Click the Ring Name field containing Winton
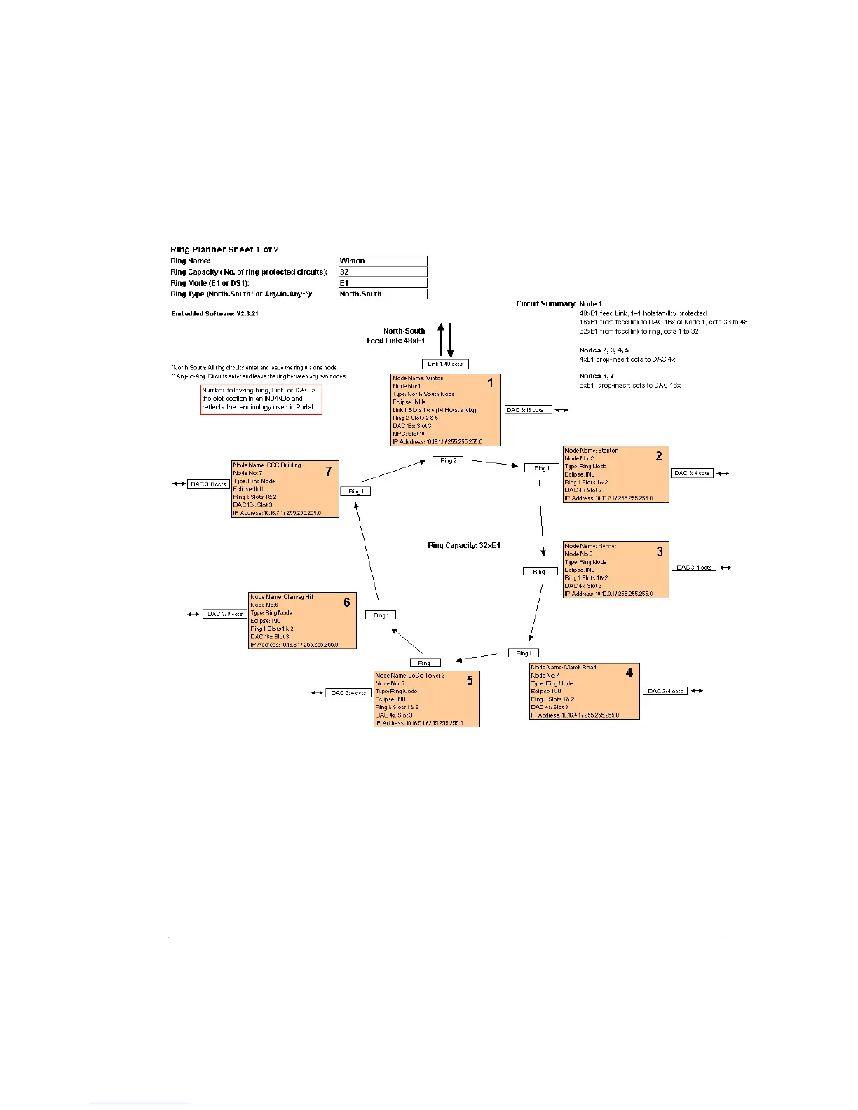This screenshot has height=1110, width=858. (x=383, y=261)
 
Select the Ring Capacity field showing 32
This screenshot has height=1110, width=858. (x=383, y=272)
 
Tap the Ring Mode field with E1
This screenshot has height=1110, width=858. (x=383, y=283)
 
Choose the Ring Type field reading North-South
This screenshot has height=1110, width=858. (x=383, y=294)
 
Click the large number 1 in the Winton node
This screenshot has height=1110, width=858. (x=491, y=383)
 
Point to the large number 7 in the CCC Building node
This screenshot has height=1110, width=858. (x=328, y=472)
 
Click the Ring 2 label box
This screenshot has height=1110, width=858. (x=447, y=461)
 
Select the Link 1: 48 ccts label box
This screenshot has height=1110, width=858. (x=445, y=364)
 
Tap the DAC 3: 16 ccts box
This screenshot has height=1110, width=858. (x=529, y=410)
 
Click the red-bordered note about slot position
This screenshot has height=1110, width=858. (x=261, y=399)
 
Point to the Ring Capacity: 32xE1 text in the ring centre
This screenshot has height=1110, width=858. (x=464, y=545)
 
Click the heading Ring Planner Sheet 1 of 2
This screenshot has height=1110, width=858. (x=225, y=249)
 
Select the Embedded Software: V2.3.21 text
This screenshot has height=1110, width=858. (x=214, y=314)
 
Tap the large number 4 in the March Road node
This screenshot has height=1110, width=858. (x=629, y=673)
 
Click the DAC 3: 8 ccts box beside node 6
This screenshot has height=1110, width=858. (x=225, y=615)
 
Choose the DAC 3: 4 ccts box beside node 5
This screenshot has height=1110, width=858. (x=348, y=693)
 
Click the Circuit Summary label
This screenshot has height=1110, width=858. (x=546, y=304)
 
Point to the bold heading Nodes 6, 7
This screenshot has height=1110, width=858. (x=597, y=376)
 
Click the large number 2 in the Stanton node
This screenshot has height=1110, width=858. (x=659, y=456)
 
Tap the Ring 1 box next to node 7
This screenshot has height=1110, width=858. (x=355, y=492)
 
